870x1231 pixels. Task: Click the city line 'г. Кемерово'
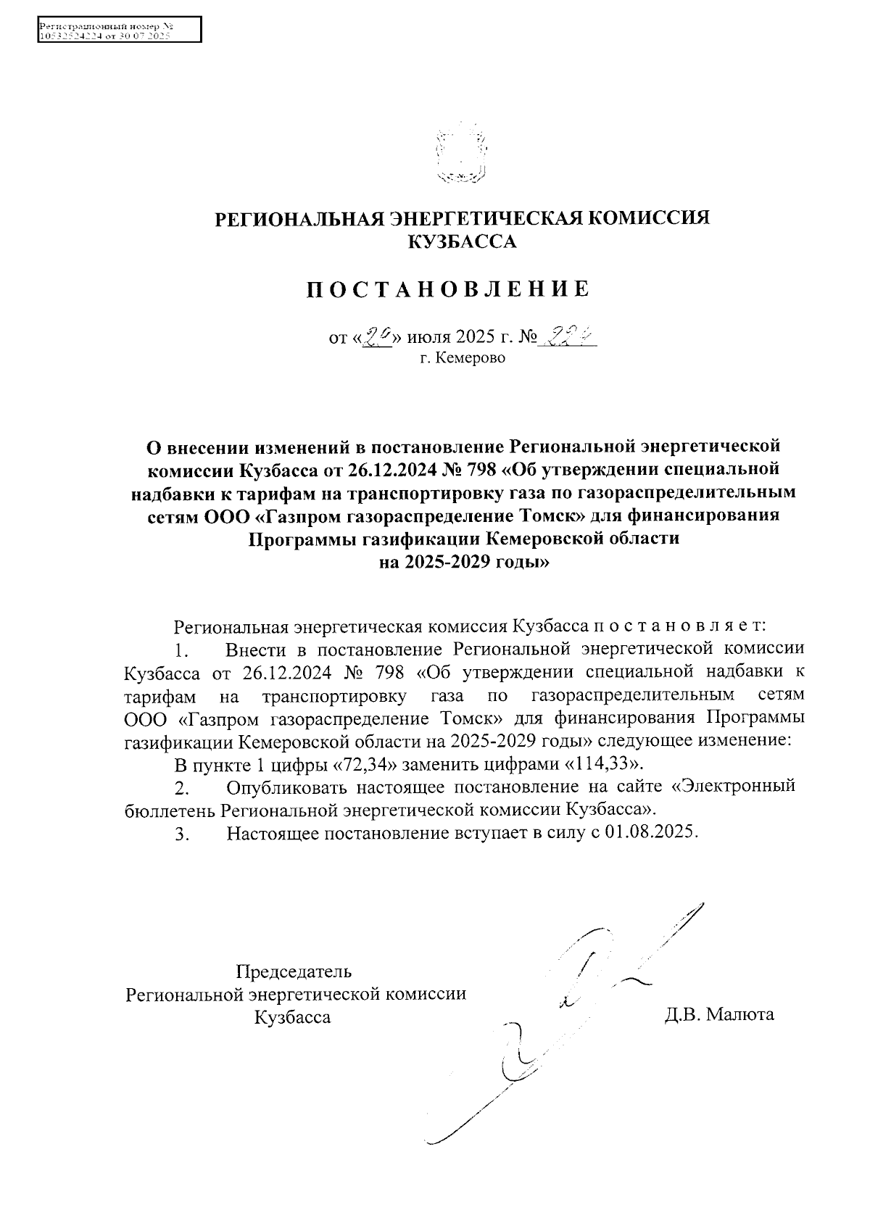pyautogui.click(x=462, y=358)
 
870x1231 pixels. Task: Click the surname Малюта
pyautogui.click(x=739, y=1014)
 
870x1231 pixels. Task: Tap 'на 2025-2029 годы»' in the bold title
pyautogui.click(x=463, y=563)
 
